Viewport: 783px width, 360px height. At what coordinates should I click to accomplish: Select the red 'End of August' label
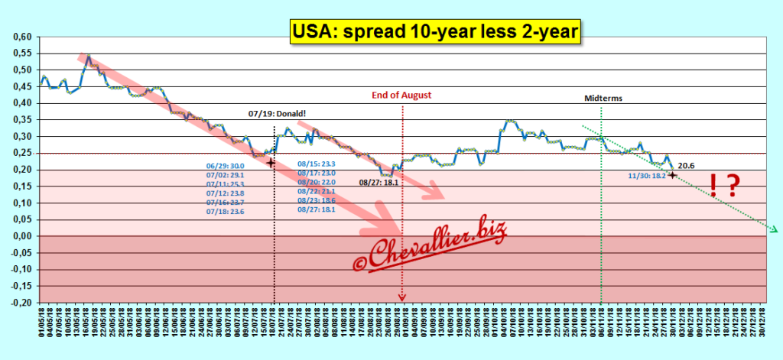[401, 96]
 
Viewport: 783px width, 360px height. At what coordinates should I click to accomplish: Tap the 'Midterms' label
[602, 99]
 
